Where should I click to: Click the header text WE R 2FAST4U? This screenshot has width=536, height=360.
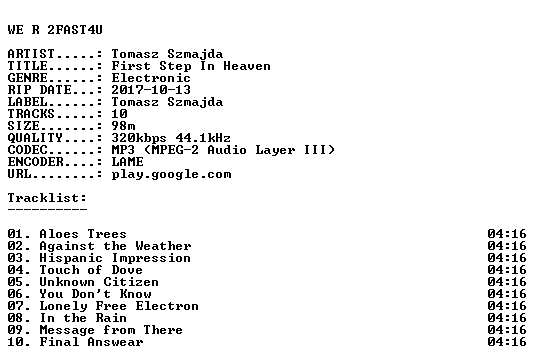click(x=55, y=30)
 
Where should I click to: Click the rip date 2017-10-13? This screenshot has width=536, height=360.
click(x=151, y=90)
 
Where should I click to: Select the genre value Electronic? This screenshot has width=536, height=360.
click(x=151, y=78)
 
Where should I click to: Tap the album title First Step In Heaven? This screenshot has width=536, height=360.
click(x=191, y=66)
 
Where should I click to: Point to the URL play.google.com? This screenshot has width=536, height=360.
click(x=171, y=175)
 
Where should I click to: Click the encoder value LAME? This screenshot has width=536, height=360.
click(x=127, y=162)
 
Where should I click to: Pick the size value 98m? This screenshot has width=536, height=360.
click(x=123, y=126)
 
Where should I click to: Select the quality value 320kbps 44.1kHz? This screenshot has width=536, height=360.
click(x=171, y=138)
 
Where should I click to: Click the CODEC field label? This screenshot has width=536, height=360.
click(x=28, y=150)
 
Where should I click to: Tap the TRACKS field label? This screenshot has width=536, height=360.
click(x=31, y=114)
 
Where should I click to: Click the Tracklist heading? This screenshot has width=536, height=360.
click(x=47, y=198)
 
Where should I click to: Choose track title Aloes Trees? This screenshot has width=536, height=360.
click(x=83, y=234)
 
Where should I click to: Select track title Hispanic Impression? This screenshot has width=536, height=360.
click(x=115, y=258)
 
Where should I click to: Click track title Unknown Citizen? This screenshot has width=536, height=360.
click(x=99, y=282)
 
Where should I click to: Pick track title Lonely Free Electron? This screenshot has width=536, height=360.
click(x=119, y=306)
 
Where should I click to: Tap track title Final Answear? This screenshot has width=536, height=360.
click(x=91, y=342)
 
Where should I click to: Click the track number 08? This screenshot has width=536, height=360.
click(x=16, y=318)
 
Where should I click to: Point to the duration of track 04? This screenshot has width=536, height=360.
click(x=507, y=270)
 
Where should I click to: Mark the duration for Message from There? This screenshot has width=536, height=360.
click(x=507, y=330)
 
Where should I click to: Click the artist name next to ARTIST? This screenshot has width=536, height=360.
click(x=167, y=54)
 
